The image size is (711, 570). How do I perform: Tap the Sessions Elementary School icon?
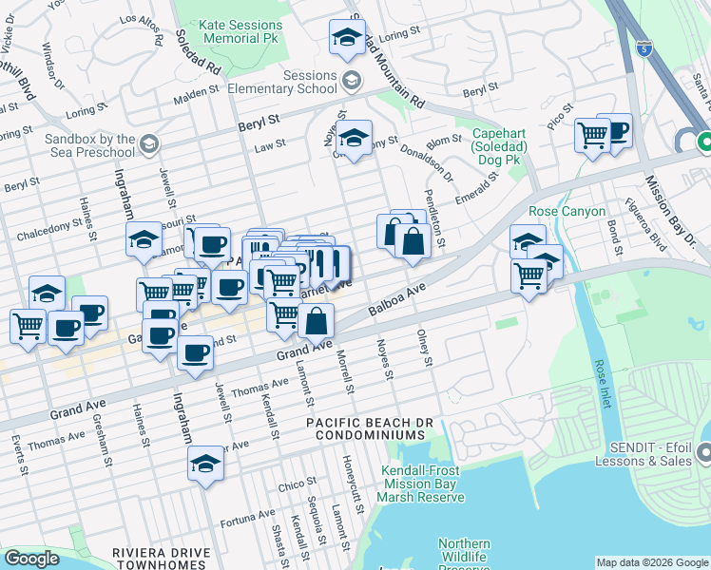coord(351,81)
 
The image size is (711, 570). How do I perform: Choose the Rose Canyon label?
coord(567,211)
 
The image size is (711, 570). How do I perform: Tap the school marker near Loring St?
coord(348,38)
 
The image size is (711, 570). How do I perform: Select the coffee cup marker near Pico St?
coord(614,131)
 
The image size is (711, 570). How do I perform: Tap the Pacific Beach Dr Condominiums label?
coord(365,428)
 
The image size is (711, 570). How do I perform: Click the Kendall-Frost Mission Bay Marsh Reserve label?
coord(420,484)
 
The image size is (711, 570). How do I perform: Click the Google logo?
coord(31,559)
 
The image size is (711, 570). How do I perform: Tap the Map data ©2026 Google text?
coord(651,562)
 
